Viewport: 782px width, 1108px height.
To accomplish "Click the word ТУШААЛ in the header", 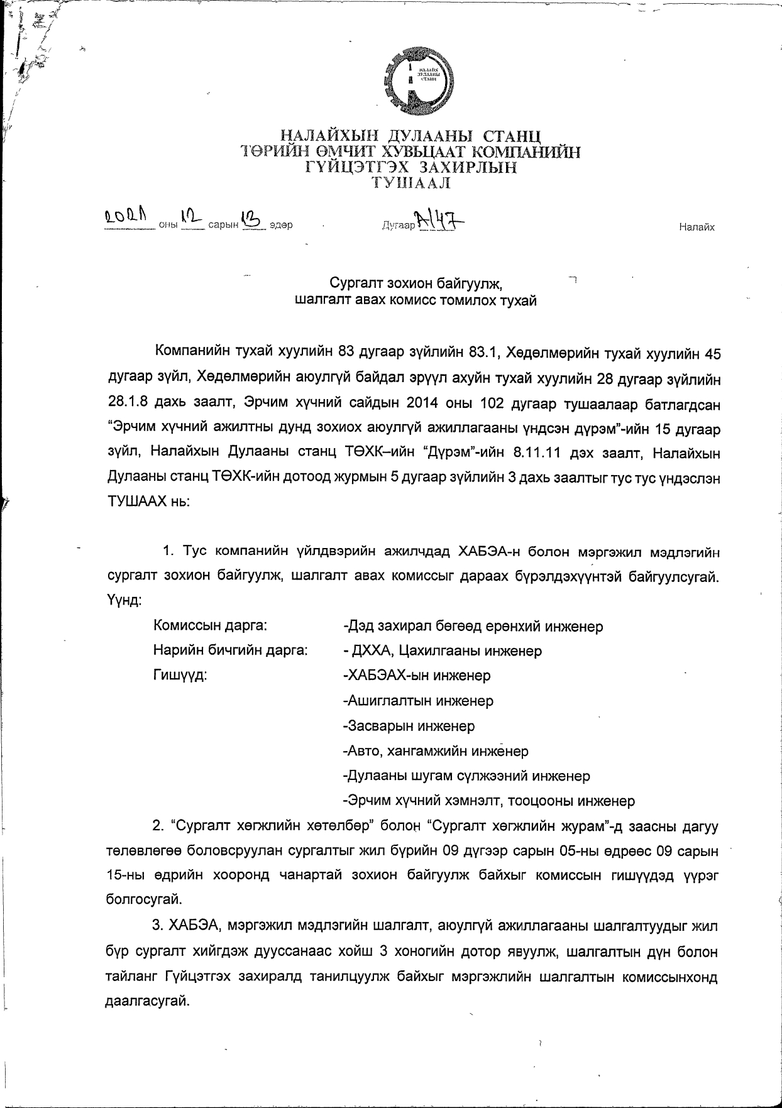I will (411, 183).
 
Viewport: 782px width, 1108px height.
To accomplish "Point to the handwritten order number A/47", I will (443, 219).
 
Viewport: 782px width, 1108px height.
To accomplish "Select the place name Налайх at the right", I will (697, 228).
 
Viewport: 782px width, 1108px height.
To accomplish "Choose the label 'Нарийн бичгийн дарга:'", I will (230, 650).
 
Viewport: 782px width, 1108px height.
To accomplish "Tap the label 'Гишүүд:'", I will (180, 676).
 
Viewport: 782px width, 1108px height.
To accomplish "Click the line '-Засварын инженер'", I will (409, 726).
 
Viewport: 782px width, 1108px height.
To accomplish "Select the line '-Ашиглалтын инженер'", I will (418, 701).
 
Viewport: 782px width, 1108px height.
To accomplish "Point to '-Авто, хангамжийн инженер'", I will (435, 751).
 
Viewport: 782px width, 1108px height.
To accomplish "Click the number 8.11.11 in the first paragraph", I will (546, 453).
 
